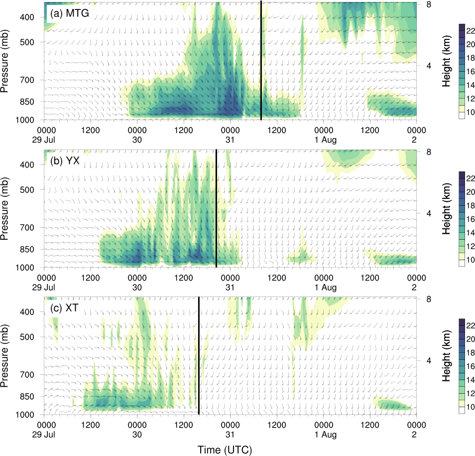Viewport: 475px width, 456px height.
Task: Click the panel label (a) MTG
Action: click(x=69, y=13)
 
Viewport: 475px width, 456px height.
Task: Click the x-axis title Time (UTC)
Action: click(x=225, y=449)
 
